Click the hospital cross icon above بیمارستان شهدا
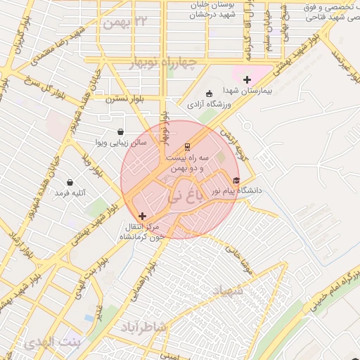pyautogui.click(x=246, y=80)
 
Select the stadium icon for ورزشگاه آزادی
pyautogui.click(x=208, y=94)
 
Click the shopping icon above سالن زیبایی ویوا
pyautogui.click(x=120, y=131)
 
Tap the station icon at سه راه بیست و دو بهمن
pyautogui.click(x=187, y=147)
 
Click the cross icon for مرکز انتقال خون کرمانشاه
pyautogui.click(x=143, y=216)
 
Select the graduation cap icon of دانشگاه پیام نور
pyautogui.click(x=236, y=181)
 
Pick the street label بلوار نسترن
pyautogui.click(x=124, y=100)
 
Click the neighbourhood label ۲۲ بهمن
pyautogui.click(x=127, y=22)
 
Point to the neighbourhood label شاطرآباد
pyautogui.click(x=163, y=327)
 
